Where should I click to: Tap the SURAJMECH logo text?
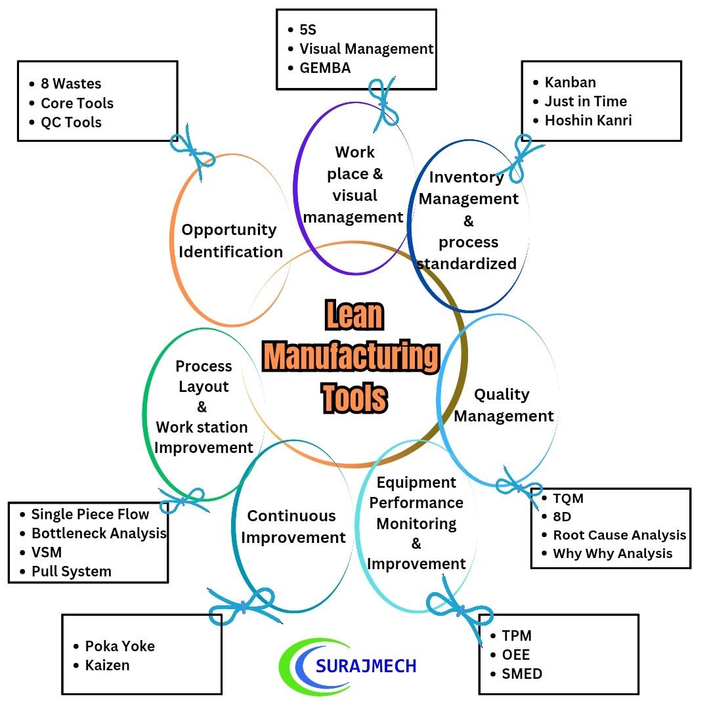pyautogui.click(x=366, y=666)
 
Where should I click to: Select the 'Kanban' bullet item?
pyautogui.click(x=570, y=82)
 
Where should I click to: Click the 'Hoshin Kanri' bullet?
pyautogui.click(x=588, y=120)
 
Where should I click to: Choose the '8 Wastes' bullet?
pyautogui.click(x=71, y=84)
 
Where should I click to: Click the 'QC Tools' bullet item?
pyautogui.click(x=71, y=122)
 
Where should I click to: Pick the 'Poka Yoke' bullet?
pyautogui.click(x=119, y=646)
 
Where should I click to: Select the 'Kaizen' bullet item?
pyautogui.click(x=107, y=665)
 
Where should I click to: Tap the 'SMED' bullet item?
pyautogui.click(x=522, y=674)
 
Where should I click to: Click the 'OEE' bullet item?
pyautogui.click(x=515, y=655)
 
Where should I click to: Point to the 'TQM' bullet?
pyautogui.click(x=568, y=498)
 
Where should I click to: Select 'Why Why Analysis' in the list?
pyautogui.click(x=612, y=553)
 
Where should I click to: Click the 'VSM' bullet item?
pyautogui.click(x=46, y=552)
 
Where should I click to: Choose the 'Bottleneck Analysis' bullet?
pyautogui.click(x=98, y=533)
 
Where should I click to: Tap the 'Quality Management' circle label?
pyautogui.click(x=504, y=405)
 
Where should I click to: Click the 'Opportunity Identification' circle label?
pyautogui.click(x=230, y=240)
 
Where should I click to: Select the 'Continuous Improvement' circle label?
pyautogui.click(x=292, y=526)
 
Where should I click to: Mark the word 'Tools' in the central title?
pyautogui.click(x=354, y=397)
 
